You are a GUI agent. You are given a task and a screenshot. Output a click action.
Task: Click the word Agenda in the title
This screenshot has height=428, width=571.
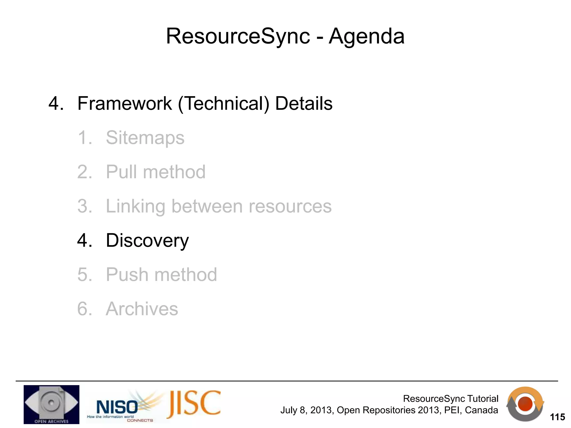(366, 36)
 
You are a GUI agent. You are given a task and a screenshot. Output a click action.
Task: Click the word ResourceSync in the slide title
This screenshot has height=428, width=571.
(238, 36)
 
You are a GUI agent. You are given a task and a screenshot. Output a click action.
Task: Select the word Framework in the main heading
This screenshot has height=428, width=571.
(125, 103)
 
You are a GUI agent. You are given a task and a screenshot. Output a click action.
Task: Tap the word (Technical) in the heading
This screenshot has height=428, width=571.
(224, 104)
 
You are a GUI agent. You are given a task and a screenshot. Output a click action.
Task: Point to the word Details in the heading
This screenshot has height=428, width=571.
(304, 103)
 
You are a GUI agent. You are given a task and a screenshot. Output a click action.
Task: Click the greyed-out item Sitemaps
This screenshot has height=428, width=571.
(145, 138)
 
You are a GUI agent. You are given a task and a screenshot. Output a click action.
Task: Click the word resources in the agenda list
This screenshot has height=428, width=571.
(290, 206)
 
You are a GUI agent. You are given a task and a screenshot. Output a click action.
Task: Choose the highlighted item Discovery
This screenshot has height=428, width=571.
(147, 240)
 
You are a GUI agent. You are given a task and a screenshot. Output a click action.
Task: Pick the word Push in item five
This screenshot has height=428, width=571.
(127, 275)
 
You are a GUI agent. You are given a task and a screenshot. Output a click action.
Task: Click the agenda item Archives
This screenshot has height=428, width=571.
(142, 309)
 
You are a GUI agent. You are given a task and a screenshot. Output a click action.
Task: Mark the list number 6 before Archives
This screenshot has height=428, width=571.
(83, 309)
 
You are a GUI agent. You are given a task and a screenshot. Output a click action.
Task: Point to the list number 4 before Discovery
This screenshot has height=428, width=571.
(83, 240)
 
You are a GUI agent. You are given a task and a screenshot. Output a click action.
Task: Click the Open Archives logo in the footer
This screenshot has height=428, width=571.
(51, 404)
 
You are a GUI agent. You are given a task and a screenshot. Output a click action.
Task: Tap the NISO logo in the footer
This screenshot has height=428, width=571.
(117, 407)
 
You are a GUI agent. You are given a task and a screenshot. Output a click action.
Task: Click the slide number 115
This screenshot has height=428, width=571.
(557, 417)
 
